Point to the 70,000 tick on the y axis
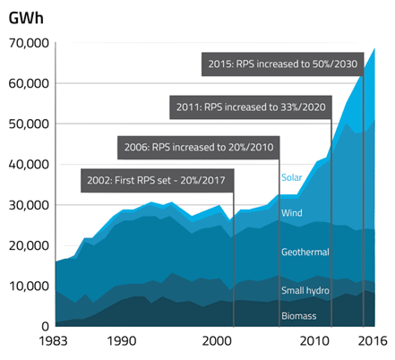(28, 43)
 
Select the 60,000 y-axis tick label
(28, 83)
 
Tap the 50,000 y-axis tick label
(28, 124)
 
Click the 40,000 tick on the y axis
(28, 165)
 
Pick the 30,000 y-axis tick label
(28, 205)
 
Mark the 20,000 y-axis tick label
(28, 245)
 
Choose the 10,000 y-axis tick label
(28, 286)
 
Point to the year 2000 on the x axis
(215, 341)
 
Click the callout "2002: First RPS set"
(157, 180)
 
